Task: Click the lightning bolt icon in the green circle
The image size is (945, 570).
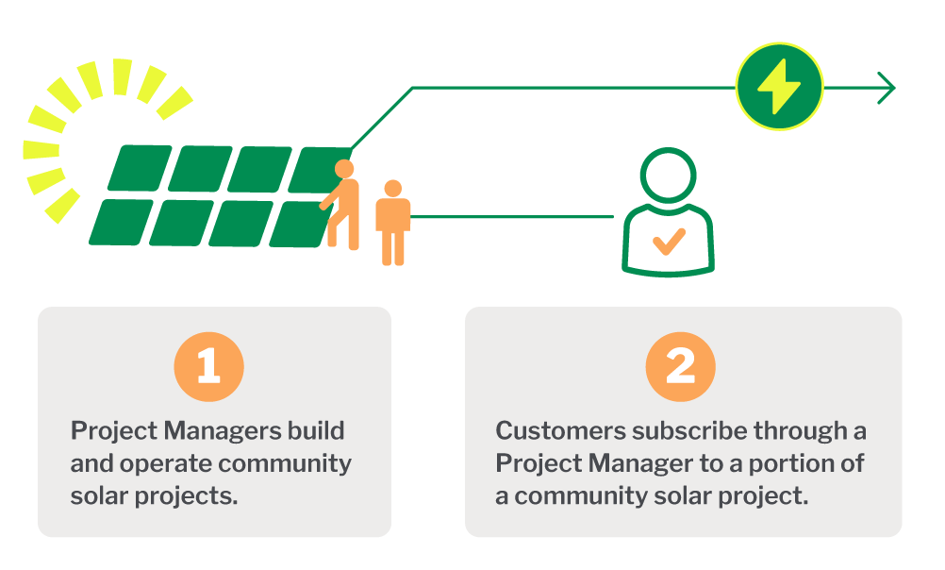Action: click(779, 86)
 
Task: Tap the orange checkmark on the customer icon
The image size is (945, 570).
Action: click(669, 242)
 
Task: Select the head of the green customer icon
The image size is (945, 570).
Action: click(668, 176)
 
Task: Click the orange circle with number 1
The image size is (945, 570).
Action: click(209, 367)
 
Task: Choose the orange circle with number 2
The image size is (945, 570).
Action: click(680, 367)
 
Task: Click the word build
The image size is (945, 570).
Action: click(316, 430)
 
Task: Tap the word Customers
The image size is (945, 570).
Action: click(560, 430)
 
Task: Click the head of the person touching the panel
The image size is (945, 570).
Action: click(344, 169)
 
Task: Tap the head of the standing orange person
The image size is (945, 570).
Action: click(393, 188)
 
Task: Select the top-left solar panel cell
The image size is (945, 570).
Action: click(140, 168)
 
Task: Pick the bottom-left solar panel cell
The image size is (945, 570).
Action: click(121, 222)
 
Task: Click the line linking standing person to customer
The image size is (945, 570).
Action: click(512, 216)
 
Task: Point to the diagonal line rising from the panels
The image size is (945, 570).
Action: click(382, 118)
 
